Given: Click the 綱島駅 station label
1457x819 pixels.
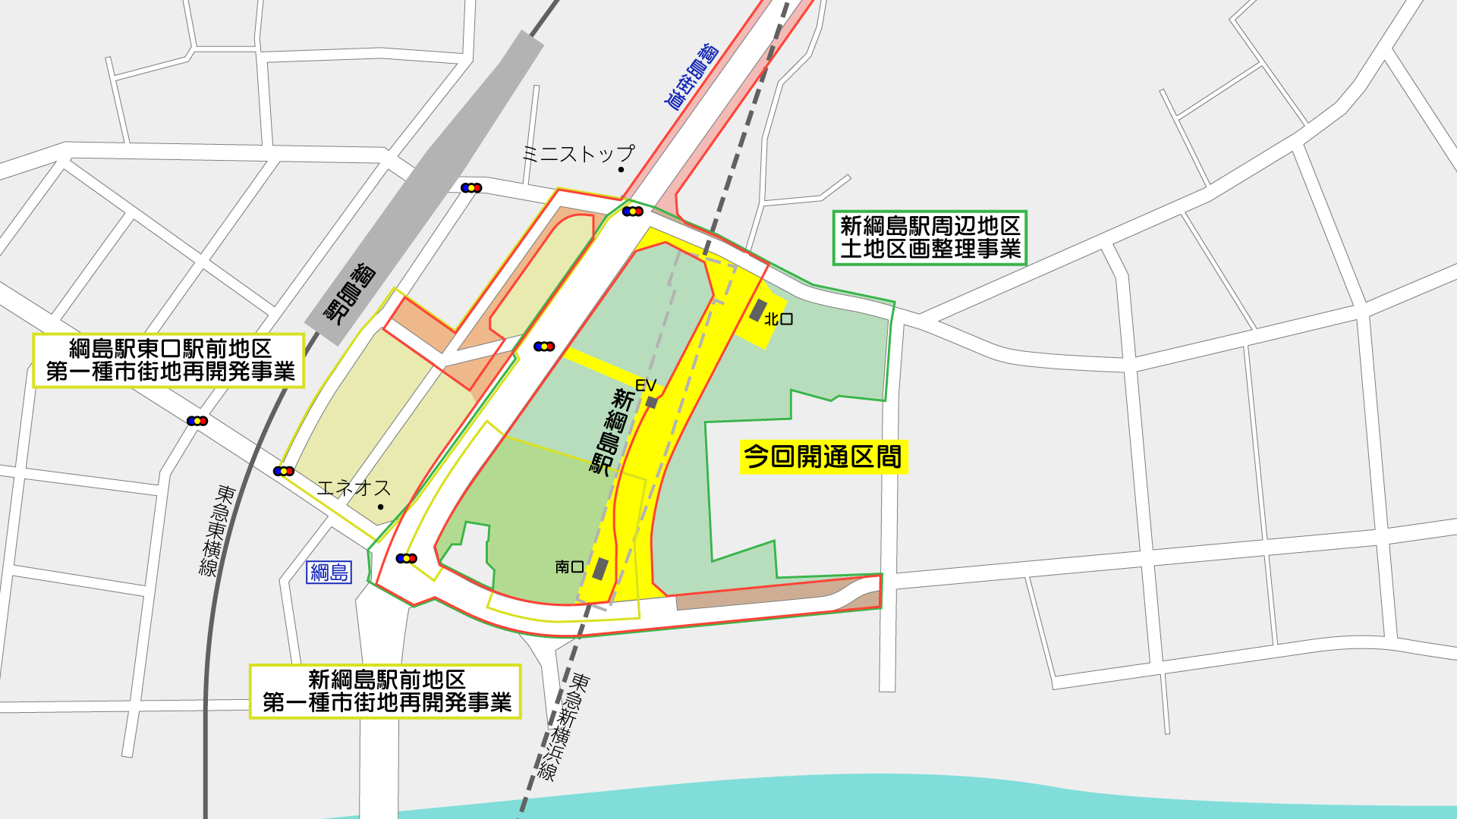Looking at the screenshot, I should [x=351, y=293].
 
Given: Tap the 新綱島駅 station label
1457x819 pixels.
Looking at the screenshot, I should [x=612, y=431].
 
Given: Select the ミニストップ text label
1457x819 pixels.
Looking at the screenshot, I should [x=578, y=154].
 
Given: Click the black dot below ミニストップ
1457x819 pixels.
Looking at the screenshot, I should [x=621, y=170].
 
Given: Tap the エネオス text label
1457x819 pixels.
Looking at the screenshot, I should [x=354, y=488].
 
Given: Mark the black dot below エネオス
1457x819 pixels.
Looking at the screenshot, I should [x=381, y=507].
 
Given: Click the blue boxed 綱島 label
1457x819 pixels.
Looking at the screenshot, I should [x=329, y=572].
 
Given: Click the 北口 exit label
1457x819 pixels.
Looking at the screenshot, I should [x=779, y=319].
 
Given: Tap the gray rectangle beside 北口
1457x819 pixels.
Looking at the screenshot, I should [x=757, y=309].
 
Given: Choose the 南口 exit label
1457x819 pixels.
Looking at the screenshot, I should [x=569, y=566].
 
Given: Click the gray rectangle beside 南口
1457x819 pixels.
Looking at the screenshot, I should [x=600, y=569].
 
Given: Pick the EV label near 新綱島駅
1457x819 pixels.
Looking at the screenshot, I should [x=646, y=385].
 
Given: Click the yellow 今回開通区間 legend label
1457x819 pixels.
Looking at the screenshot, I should [x=823, y=457].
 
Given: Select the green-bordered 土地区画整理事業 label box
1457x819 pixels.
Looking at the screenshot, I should [x=930, y=237].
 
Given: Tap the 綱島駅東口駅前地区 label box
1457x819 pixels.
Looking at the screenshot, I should [x=169, y=360].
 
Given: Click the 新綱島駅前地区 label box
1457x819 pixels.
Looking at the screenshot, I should [x=385, y=691].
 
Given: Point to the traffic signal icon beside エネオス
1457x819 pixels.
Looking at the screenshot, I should [x=284, y=472].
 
